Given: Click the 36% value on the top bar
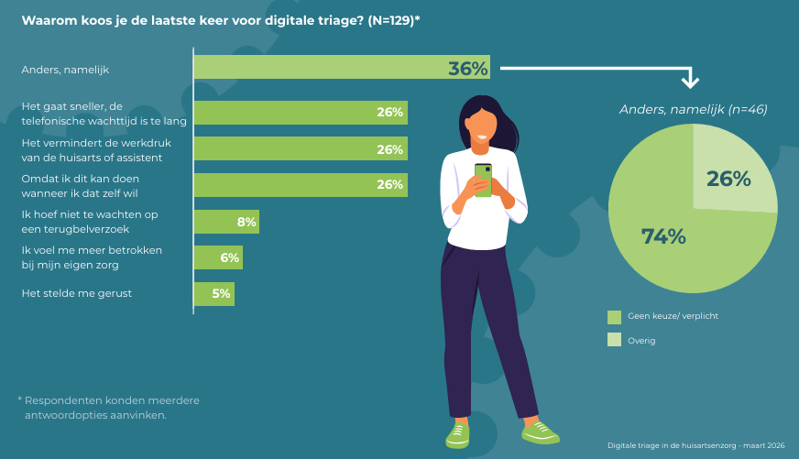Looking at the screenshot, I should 468,68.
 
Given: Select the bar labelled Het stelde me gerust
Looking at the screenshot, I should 214,294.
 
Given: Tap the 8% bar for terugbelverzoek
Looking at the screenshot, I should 226,221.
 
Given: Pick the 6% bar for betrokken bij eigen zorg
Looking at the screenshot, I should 218,257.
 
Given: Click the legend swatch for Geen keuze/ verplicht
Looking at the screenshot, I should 614,316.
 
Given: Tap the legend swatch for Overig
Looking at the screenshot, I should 614,340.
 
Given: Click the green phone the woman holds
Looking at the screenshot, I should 483,178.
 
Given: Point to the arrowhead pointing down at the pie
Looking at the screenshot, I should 690,82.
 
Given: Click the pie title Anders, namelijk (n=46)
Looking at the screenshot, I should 693,109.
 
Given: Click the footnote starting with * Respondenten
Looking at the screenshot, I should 108,408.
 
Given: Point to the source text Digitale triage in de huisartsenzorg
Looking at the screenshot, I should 696,445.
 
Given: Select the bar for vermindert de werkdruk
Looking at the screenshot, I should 301,148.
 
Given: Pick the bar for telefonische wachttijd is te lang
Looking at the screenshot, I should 301,112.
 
